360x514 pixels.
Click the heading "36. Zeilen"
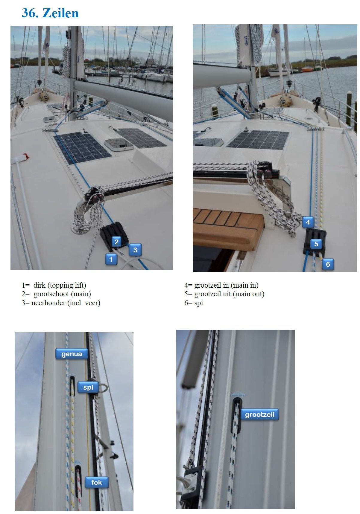pos(50,13)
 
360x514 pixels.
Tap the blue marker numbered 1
pos(111,259)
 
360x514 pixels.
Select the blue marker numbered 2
pos(117,242)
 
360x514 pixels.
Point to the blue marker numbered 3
pos(135,250)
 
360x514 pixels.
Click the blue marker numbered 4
pos(308,222)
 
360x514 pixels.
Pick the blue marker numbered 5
pos(316,244)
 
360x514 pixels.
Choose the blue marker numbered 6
pos(328,264)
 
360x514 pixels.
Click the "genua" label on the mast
pos(72,354)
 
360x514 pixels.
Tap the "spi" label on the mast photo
pos(88,388)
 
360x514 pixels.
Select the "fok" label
pos(97,482)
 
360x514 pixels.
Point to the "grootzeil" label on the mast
pos(259,415)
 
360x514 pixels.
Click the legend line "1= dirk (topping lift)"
pos(54,285)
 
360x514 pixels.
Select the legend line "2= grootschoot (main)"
pos(56,294)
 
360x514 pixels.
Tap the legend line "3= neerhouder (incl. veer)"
pos(61,303)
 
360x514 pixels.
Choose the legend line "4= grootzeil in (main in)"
pos(221,285)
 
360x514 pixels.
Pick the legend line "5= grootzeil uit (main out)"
pos(224,294)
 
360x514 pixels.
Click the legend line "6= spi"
pos(194,303)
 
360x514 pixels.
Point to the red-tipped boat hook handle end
pos(25,156)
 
